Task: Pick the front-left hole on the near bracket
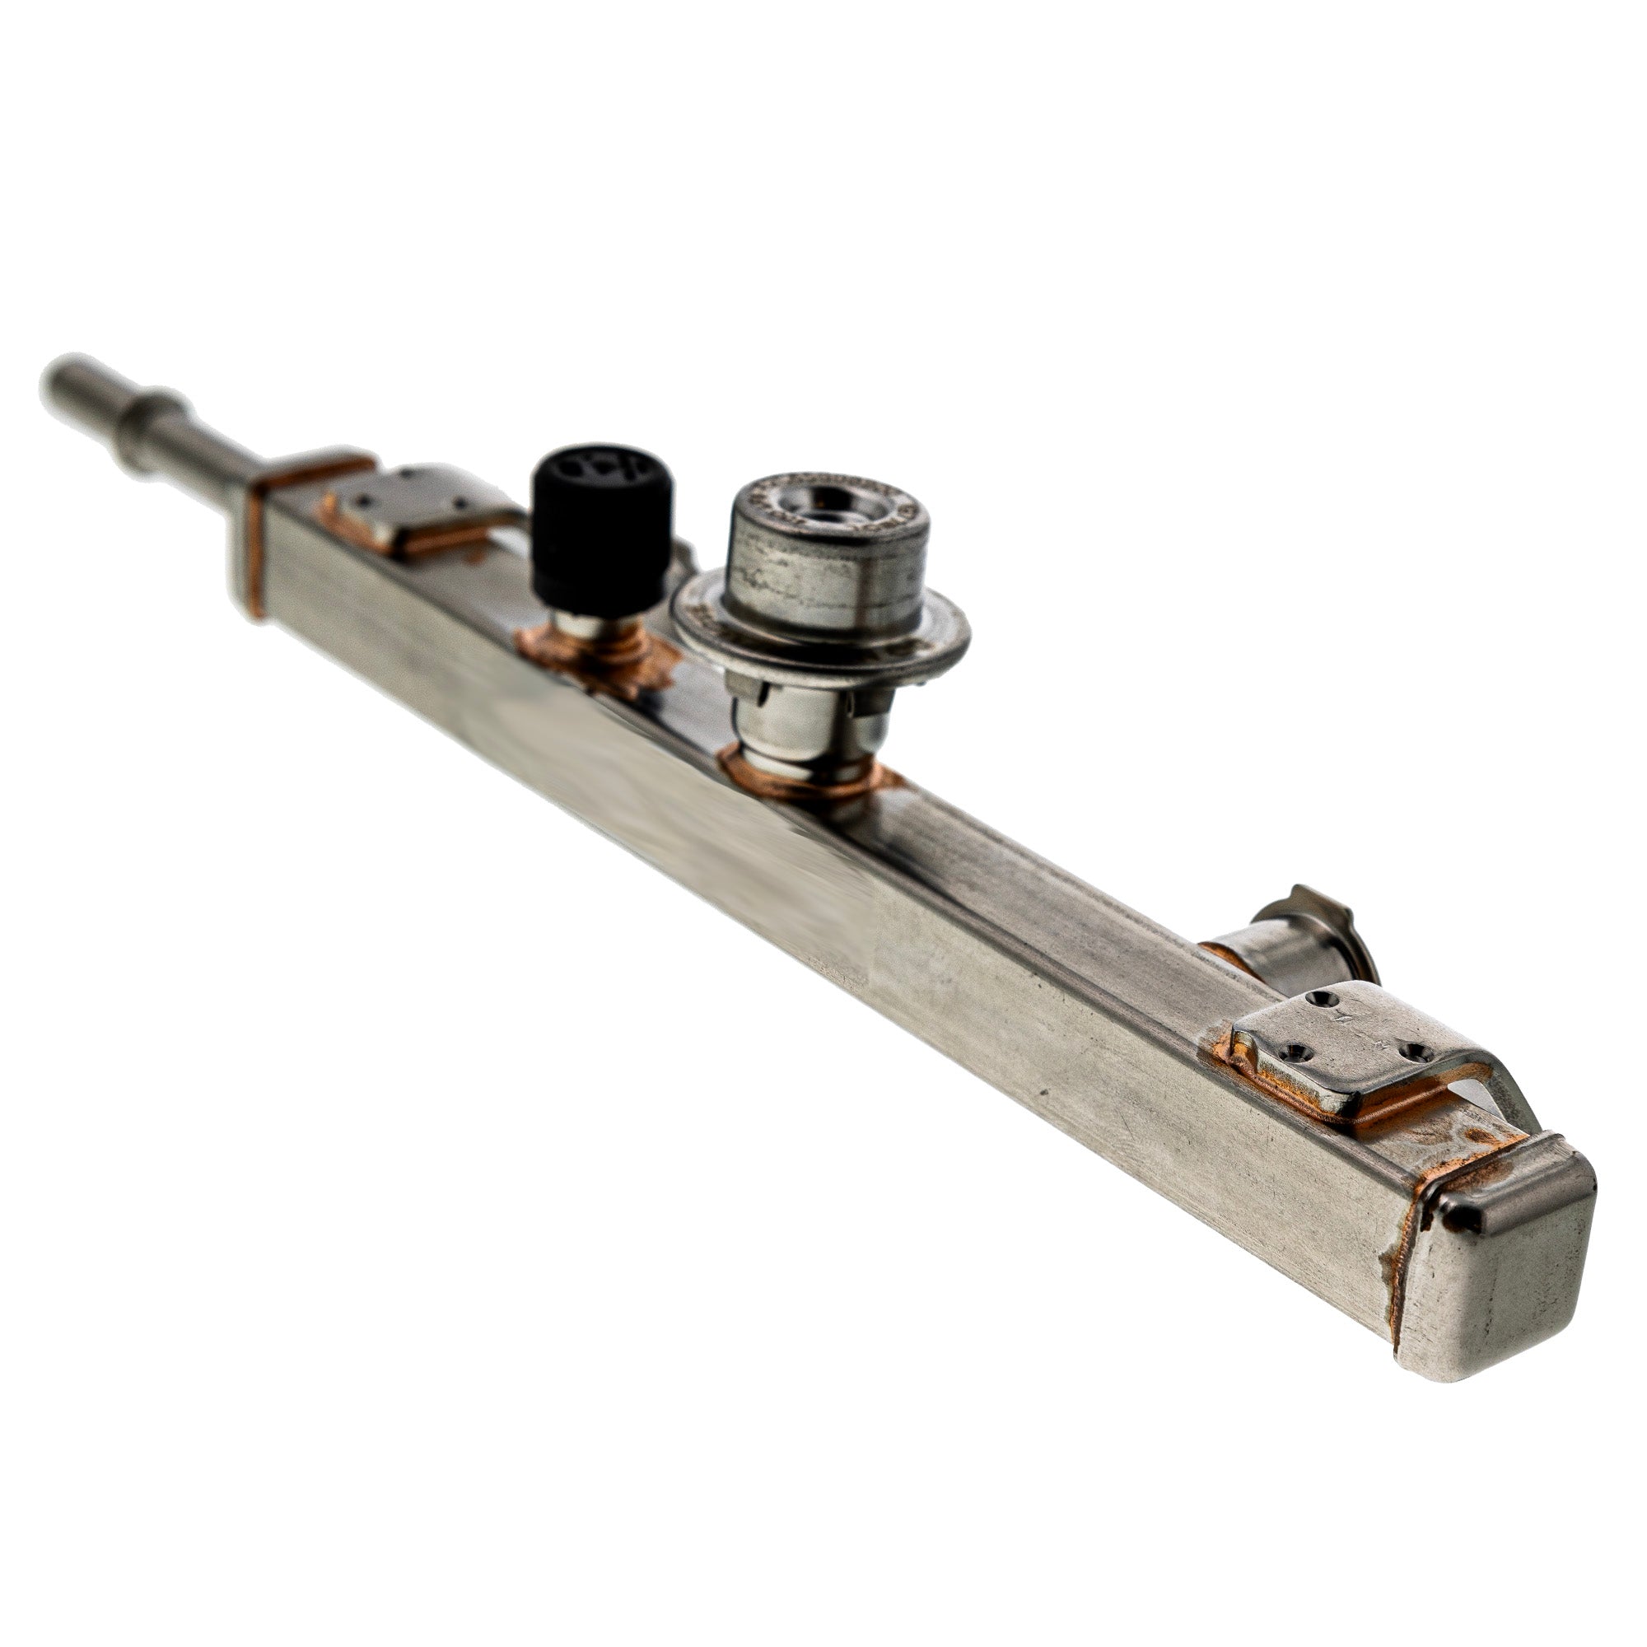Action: (1295, 1054)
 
